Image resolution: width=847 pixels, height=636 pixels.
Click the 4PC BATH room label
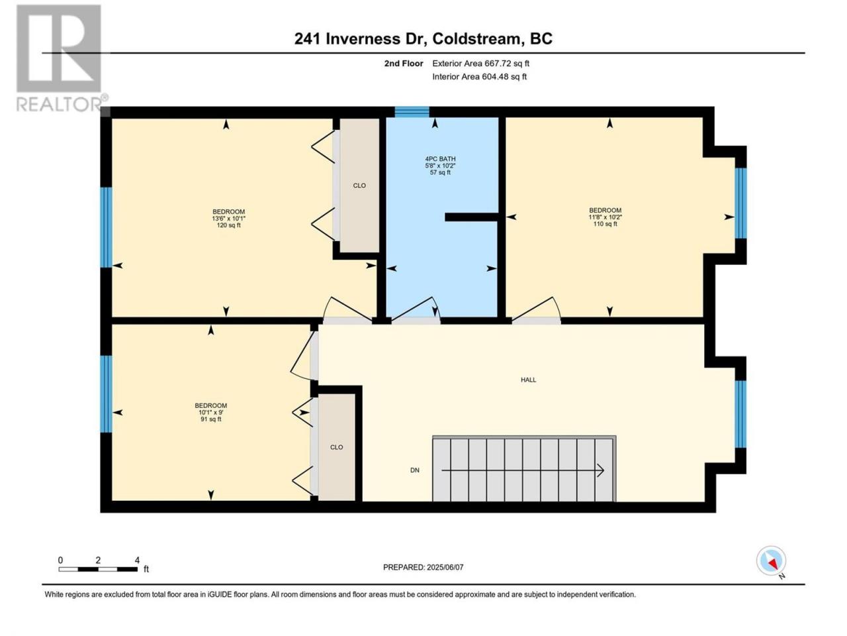tap(440, 159)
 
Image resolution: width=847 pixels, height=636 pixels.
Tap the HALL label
tap(528, 380)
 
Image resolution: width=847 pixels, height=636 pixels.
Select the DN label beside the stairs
tap(415, 470)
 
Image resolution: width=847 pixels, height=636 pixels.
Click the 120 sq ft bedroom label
tap(229, 218)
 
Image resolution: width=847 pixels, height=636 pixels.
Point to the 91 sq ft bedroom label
tap(210, 412)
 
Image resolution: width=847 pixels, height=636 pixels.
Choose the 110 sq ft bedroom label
tap(605, 217)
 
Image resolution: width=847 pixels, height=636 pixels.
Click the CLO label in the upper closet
tap(359, 185)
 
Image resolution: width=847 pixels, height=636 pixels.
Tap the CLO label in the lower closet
tap(337, 447)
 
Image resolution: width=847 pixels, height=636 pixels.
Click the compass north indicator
tap(771, 560)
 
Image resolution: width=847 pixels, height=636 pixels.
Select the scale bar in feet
tap(99, 569)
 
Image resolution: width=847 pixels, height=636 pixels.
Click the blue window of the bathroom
tap(412, 111)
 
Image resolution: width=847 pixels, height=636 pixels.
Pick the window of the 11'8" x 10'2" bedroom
tap(740, 203)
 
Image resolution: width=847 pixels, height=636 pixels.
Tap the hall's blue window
tap(740, 414)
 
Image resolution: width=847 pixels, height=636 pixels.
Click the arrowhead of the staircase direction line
tap(600, 470)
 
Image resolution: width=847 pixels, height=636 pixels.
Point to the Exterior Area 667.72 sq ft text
tap(481, 64)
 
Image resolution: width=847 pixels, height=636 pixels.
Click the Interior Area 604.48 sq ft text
tap(479, 76)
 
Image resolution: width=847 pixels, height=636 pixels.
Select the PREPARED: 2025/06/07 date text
tap(423, 567)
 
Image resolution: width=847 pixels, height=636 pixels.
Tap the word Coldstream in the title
tap(476, 38)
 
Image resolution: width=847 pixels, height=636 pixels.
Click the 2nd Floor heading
tap(404, 64)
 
